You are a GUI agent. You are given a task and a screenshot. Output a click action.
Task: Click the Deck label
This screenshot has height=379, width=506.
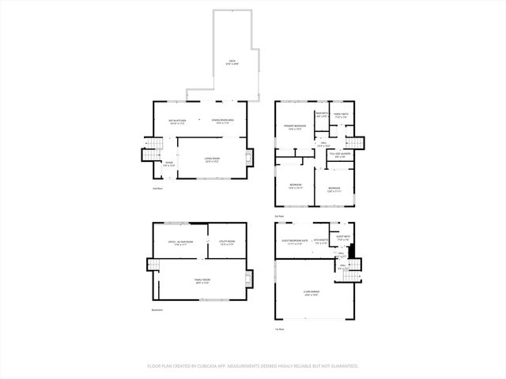click(232, 62)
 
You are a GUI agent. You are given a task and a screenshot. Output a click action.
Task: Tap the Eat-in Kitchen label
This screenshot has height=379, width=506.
click(176, 122)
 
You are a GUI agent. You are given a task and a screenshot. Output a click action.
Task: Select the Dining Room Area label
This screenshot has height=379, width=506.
click(222, 122)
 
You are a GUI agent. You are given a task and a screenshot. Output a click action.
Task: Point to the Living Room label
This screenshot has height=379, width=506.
click(212, 160)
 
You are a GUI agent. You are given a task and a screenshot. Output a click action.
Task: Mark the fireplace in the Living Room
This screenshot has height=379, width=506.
click(251, 159)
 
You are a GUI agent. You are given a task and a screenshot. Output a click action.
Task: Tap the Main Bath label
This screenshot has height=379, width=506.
click(323, 115)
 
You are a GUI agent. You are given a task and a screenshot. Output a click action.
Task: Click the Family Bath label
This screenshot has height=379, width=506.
click(341, 115)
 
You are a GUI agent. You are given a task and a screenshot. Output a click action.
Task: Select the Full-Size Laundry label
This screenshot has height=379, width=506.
click(340, 155)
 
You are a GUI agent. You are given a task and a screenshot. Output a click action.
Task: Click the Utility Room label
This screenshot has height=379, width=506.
click(227, 242)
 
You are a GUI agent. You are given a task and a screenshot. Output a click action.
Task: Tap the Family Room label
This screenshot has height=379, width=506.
click(202, 281)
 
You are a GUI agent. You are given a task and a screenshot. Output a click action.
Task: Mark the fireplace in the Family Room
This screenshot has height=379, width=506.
click(251, 280)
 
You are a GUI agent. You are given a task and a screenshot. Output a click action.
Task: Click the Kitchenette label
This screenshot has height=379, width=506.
click(321, 242)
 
